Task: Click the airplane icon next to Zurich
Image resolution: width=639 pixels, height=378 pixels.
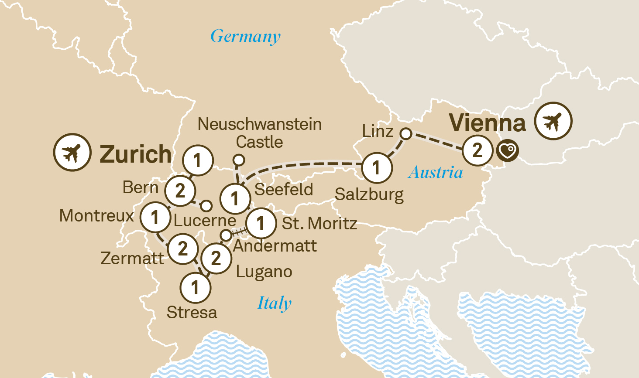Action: coord(72,152)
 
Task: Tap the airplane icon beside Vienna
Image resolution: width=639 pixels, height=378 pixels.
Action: coord(553,121)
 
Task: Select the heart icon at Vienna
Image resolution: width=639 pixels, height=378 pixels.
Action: coord(507,151)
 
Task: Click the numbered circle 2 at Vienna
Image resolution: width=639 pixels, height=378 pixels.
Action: coord(478,150)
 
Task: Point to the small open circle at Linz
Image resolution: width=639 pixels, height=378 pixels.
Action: coord(406,134)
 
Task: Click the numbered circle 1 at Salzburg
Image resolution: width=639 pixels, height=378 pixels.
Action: coord(376,167)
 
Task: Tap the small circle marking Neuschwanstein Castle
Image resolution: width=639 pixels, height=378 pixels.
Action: coord(238,160)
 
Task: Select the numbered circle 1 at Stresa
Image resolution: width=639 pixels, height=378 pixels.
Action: coord(195,288)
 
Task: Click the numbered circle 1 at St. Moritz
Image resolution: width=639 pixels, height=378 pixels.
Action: coord(261,223)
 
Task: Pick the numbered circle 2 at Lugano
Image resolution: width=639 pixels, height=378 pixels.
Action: coord(216,258)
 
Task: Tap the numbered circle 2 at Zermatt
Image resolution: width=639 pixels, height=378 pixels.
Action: coord(183,249)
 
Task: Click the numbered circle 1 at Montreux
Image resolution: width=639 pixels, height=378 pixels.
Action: coord(155,217)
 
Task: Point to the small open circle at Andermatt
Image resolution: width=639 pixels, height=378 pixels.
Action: coord(226,235)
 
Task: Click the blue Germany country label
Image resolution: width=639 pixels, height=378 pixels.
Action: coord(245,37)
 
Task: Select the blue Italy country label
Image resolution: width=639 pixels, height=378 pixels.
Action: coord(274,303)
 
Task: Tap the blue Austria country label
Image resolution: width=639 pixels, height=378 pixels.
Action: coord(436,173)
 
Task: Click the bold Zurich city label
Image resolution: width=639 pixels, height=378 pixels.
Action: coord(136,154)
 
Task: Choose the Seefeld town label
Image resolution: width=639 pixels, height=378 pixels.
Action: coord(284,190)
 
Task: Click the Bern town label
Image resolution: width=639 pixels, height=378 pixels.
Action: coord(141,187)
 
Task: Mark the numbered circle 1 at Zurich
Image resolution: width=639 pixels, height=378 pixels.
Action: coord(198,160)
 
